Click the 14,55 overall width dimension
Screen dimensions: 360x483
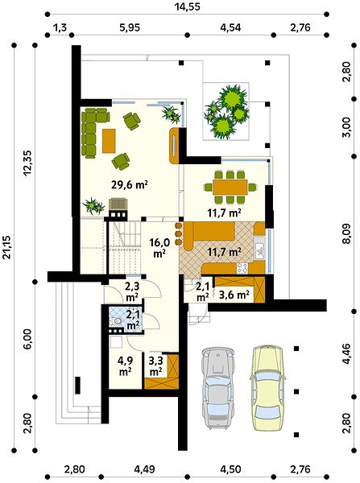pos(188,6)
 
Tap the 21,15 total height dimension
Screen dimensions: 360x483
pos(6,247)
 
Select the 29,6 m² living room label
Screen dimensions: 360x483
pos(130,185)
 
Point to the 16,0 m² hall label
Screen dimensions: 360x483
pos(159,247)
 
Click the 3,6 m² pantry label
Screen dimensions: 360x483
pos(234,295)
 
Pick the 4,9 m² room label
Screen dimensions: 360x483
pos(126,365)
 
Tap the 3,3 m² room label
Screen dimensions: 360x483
pos(155,365)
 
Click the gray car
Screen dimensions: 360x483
pos(218,388)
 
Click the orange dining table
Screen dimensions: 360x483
pos(230,188)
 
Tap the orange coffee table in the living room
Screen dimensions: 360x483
pos(109,141)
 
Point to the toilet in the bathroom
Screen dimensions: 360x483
pos(117,321)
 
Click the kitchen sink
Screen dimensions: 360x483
pos(259,250)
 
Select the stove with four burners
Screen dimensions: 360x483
pos(242,268)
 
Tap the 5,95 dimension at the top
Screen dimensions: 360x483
pos(130,27)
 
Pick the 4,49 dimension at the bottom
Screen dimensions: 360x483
pos(144,469)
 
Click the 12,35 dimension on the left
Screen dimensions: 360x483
pos(27,163)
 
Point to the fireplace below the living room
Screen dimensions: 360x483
pos(118,208)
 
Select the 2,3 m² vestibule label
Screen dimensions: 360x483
pos(132,291)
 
